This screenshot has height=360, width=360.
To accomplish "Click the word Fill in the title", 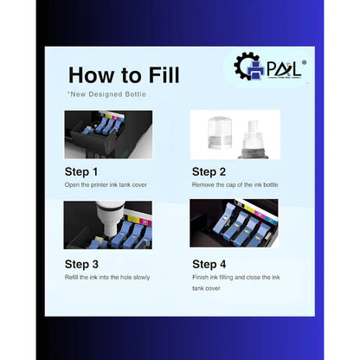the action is tap(164, 75).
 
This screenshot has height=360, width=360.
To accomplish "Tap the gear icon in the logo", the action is tap(245, 66).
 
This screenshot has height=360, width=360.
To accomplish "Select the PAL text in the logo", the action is tap(284, 69).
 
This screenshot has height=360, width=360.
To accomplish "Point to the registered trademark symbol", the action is tap(304, 62).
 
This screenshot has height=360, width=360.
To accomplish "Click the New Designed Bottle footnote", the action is tap(106, 94).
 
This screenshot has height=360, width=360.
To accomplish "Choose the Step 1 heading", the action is tap(81, 171).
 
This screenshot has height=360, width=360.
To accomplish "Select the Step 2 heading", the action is tap(209, 171).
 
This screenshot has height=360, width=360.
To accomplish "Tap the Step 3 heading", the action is tap(81, 264).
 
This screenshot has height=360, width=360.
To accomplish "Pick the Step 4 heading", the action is tap(209, 264).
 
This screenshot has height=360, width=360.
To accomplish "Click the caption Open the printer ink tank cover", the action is tap(106, 185).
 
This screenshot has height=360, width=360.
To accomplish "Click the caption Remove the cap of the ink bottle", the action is tap(235, 185).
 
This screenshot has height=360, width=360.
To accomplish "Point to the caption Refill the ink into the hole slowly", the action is tap(107, 278).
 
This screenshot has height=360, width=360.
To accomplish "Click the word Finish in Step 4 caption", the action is tap(201, 277).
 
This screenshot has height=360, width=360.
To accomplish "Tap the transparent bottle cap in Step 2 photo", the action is tap(220, 132).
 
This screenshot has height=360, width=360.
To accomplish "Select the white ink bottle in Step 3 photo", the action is tap(111, 219).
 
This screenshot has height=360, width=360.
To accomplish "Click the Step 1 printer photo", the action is tap(108, 134).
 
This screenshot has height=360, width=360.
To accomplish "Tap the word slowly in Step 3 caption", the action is tap(141, 278).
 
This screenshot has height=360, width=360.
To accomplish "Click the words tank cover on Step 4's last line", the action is tap(206, 288).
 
